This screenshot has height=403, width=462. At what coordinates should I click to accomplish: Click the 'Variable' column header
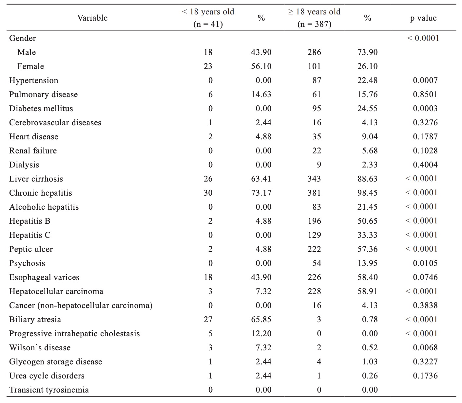[x=92, y=18]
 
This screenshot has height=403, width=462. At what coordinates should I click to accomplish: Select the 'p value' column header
[x=423, y=18]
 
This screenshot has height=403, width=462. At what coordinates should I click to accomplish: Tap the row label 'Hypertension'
[x=34, y=80]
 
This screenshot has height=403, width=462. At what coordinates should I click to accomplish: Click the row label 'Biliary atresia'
[x=35, y=320]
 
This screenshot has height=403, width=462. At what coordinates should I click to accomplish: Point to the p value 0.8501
[x=425, y=95]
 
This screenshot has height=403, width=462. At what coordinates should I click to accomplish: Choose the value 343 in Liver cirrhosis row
[x=314, y=179]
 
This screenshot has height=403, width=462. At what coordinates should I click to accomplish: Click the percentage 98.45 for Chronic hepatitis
[x=367, y=193]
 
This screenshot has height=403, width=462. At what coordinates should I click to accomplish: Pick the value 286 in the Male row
[x=314, y=52]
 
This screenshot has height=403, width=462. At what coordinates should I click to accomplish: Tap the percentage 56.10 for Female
[x=261, y=66]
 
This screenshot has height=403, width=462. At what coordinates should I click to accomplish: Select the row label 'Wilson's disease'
[x=40, y=347]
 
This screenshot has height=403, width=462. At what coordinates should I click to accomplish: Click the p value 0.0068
[x=425, y=347]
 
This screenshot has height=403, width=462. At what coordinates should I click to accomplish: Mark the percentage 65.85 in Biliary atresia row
[x=261, y=320]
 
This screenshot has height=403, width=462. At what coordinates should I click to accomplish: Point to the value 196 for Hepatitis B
[x=314, y=221]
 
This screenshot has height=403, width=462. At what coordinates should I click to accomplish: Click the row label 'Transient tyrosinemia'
[x=49, y=390]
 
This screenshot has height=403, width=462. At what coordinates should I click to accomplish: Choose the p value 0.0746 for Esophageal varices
[x=425, y=277]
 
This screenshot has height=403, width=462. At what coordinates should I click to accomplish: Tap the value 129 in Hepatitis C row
[x=314, y=235]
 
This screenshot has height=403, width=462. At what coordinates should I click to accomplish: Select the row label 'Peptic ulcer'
[x=31, y=249]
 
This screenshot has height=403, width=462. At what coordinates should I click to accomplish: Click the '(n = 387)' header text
[x=314, y=24]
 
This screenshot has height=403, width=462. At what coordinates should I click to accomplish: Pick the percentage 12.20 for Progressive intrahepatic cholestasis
[x=261, y=334]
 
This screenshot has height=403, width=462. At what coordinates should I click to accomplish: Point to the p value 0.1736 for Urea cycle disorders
[x=425, y=376]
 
